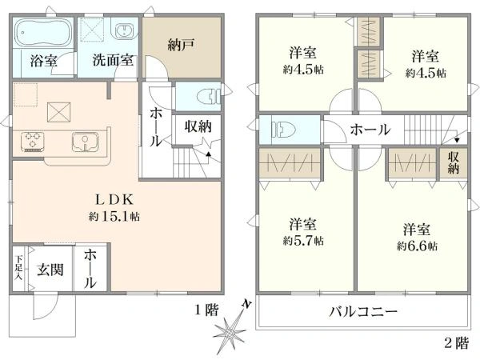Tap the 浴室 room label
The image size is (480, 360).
click(43, 60)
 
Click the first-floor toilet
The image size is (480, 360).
click(209, 96)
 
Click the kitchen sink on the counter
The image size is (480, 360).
click(85, 141)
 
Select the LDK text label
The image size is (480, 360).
click(116, 200)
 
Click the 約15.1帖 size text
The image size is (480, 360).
click(116, 216)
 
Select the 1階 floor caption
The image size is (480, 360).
click(205, 310)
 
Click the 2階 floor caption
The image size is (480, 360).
click(457, 343)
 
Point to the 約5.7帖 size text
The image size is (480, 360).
click(303, 239)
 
